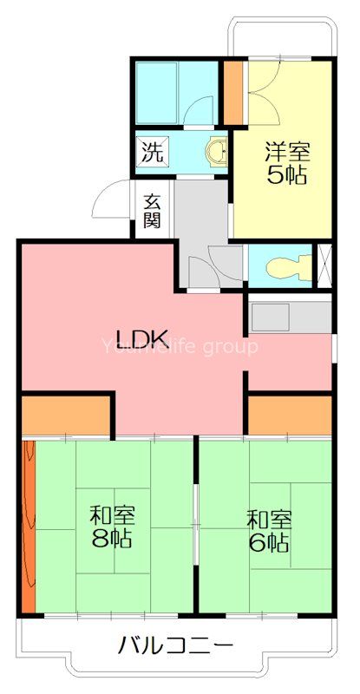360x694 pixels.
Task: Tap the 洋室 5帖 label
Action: click(285, 162)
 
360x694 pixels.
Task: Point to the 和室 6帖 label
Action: click(268, 532)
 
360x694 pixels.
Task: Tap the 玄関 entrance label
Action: click(152, 210)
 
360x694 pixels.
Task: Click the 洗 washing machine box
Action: click(152, 154)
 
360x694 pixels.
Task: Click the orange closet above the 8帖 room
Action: click(64, 415)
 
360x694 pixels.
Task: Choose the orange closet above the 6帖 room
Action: click(290, 414)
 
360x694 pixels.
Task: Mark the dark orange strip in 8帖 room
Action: click(28, 526)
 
